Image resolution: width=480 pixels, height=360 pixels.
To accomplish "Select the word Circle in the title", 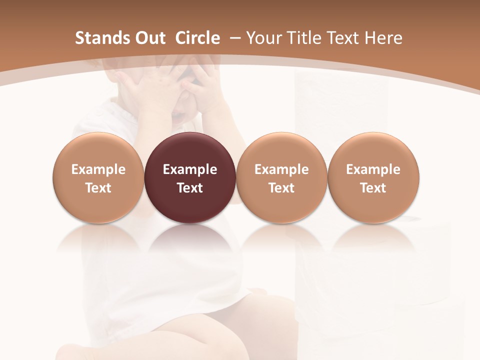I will coord(197,38).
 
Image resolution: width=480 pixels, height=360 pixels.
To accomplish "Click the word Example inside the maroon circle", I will coord(190,169).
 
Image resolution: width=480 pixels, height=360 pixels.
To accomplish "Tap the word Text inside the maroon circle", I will coord(190,188).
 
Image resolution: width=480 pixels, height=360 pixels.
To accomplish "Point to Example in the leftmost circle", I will coord(98,169).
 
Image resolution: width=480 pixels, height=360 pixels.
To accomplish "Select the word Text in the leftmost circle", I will coord(98,188).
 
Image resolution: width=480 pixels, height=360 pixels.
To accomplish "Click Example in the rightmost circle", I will coord(373,169).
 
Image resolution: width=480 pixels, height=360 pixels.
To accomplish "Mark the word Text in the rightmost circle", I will coord(373,188).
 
